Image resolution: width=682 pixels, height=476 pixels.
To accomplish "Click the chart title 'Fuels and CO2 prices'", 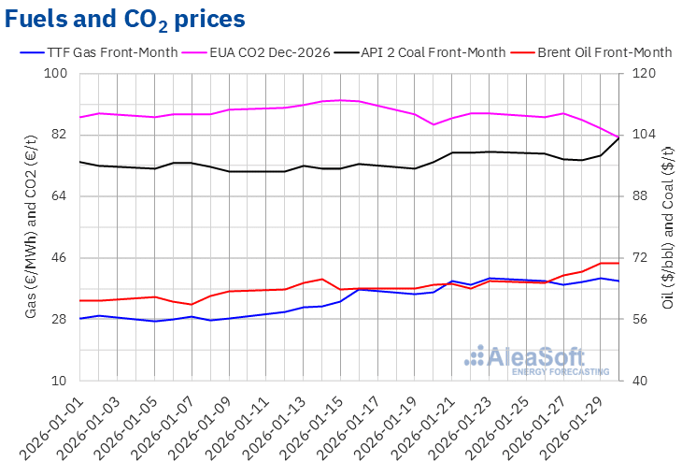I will pyautogui.click(x=127, y=18).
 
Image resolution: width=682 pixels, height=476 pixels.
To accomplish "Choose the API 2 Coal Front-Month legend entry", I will pyautogui.click(x=437, y=52).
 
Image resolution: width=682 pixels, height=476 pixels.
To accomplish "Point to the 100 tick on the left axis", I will pyautogui.click(x=59, y=73).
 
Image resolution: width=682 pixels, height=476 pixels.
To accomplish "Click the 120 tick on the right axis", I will pyautogui.click(x=645, y=73).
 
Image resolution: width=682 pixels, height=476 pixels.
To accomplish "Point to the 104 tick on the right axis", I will pyautogui.click(x=645, y=135).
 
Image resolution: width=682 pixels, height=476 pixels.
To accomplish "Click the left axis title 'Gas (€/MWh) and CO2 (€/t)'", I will pyautogui.click(x=32, y=227).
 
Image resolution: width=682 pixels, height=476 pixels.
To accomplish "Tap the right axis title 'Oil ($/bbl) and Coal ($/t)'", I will pyautogui.click(x=667, y=227).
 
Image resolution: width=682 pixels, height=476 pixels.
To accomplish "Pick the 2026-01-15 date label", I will pyautogui.click(x=318, y=426).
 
